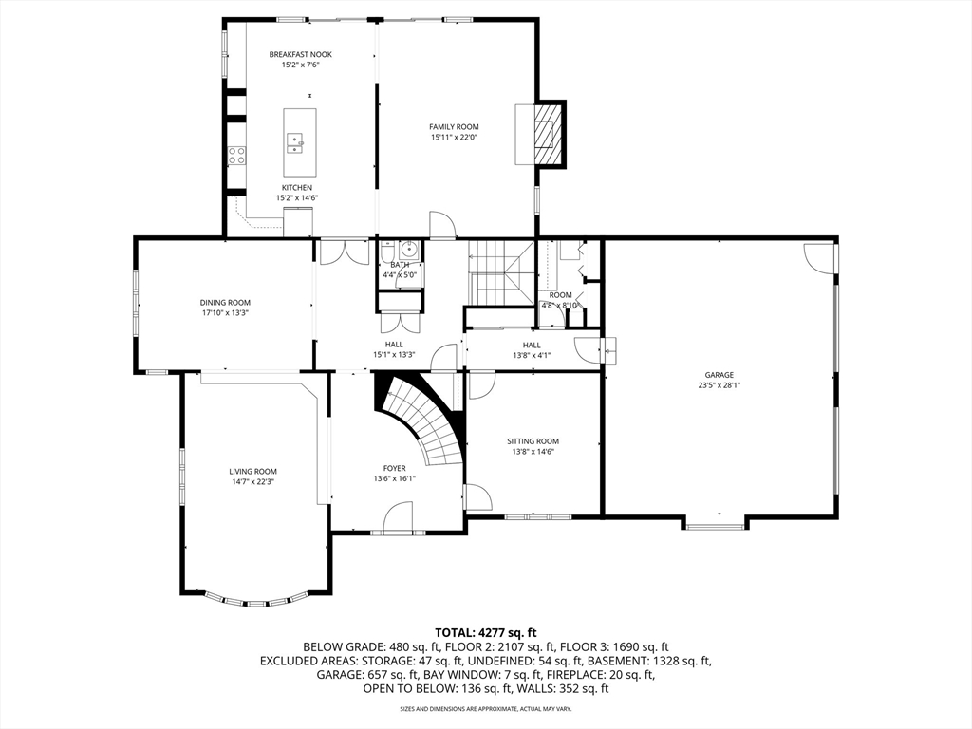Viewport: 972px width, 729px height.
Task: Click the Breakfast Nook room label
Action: [x=300, y=54]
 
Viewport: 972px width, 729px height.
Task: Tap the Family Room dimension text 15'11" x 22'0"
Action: [x=455, y=137]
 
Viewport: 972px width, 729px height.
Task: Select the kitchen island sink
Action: [x=296, y=144]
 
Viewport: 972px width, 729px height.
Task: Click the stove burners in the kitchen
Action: [x=236, y=155]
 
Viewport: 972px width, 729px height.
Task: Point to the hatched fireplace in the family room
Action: [x=550, y=133]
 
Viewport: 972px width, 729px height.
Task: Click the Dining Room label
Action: [x=225, y=303]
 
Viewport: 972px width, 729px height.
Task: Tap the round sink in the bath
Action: [x=409, y=250]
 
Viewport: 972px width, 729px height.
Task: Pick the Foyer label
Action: [x=394, y=468]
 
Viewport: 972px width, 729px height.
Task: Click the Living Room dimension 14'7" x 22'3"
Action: [x=252, y=481]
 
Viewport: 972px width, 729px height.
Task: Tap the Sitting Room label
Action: [x=533, y=441]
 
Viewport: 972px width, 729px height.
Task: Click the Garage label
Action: [x=720, y=374]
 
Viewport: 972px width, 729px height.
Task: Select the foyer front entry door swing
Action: [x=398, y=515]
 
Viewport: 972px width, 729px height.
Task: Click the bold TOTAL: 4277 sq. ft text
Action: [x=485, y=633]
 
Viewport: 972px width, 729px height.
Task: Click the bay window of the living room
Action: [x=256, y=600]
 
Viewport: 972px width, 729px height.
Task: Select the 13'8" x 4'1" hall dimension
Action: [x=532, y=355]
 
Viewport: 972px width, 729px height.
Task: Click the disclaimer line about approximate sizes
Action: [x=485, y=708]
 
